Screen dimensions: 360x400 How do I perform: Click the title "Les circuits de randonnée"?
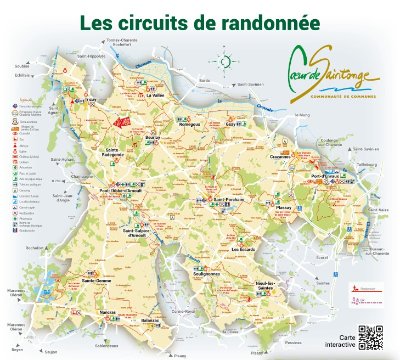200,20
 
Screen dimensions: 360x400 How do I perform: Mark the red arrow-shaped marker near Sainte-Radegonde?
124,121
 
